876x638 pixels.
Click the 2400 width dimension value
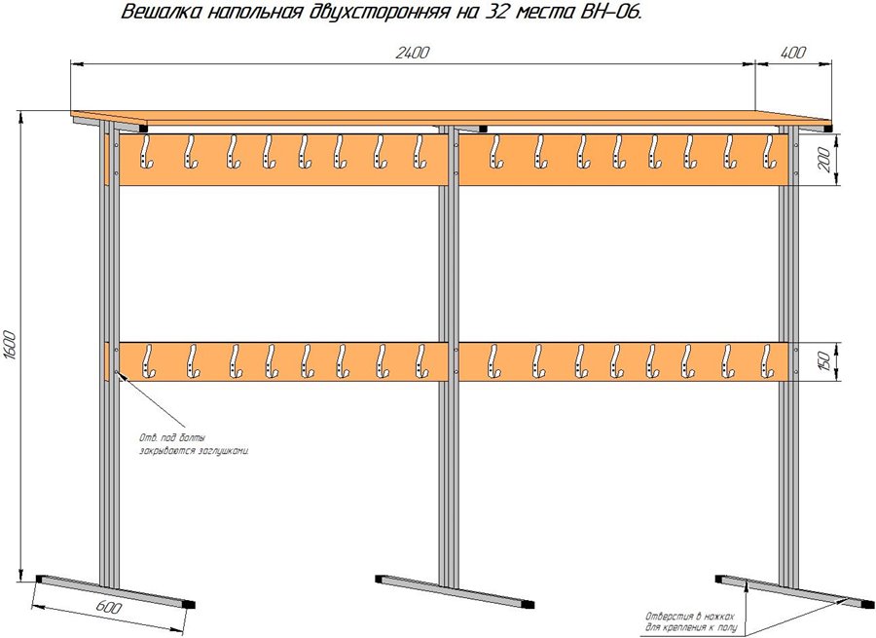[x=413, y=54]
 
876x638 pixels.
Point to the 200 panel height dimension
[x=825, y=161]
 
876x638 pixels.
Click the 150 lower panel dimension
[x=825, y=361]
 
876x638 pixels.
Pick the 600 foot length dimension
[x=110, y=609]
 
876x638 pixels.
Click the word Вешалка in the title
[x=161, y=15]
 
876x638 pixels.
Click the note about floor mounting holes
[x=691, y=621]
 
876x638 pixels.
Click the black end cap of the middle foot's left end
[x=378, y=579]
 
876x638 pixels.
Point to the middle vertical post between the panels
[x=449, y=263]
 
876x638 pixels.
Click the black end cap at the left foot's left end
[x=39, y=579]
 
